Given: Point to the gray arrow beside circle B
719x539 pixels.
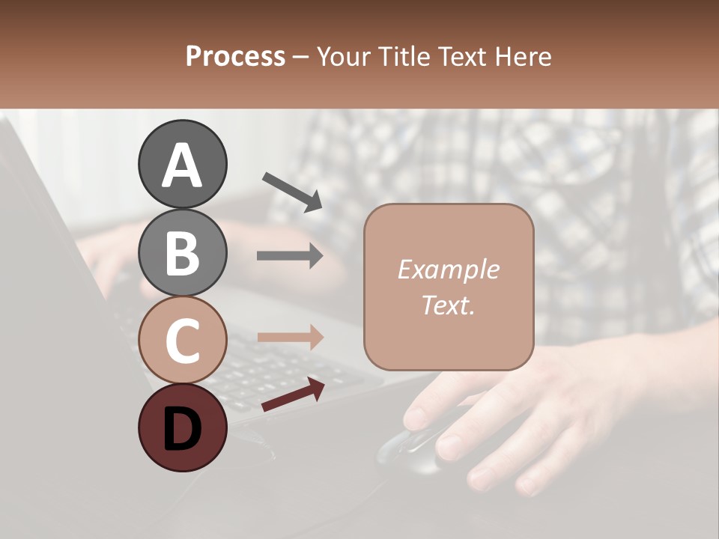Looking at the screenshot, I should [x=290, y=256].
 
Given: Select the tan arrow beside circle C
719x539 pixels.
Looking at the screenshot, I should [x=290, y=337].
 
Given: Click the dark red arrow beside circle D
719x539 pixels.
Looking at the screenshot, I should [x=293, y=395].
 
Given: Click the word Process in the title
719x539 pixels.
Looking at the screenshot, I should [x=235, y=56].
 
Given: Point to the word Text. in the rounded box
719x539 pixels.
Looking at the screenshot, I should [x=448, y=305].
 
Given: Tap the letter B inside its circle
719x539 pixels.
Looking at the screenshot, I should [x=182, y=253].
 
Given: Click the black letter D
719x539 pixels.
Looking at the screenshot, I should [x=182, y=429].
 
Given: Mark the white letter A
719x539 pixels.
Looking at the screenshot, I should [x=182, y=165].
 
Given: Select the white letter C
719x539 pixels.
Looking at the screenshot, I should [x=182, y=341].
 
